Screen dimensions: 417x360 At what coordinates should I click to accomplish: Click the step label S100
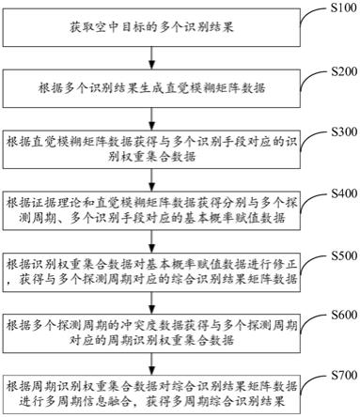(x=339, y=9)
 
